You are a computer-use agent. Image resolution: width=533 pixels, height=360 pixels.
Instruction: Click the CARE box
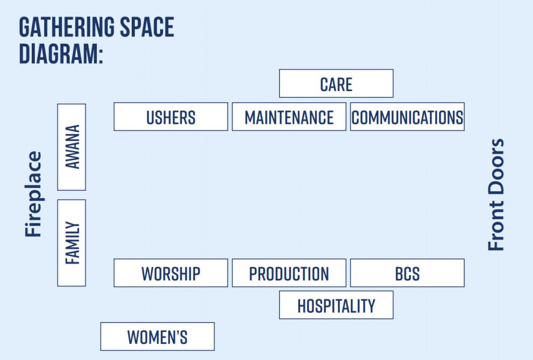pos(336,83)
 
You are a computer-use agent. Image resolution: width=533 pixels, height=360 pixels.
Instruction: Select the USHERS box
pos(171,117)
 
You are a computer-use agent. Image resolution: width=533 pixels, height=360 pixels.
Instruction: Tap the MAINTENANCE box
pos(289,117)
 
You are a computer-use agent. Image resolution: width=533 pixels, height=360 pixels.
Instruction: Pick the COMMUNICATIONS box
pos(407,117)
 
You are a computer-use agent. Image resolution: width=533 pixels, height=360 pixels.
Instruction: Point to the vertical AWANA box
pos(71,147)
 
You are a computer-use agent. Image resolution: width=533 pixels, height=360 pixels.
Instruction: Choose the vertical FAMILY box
pos(71,243)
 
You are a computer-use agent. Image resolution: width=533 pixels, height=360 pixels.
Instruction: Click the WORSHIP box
pos(171,273)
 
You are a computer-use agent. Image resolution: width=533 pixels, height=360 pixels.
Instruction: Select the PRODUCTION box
pos(289,273)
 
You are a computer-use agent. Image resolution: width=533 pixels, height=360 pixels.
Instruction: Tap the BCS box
pos(407,273)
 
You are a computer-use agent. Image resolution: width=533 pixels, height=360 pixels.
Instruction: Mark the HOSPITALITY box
pos(336,305)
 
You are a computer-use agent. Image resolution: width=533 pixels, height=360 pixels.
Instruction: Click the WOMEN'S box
pos(157,337)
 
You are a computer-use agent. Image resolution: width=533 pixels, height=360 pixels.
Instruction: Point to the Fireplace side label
pos(33,194)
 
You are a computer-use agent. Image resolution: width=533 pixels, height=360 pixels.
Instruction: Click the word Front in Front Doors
pos(496,226)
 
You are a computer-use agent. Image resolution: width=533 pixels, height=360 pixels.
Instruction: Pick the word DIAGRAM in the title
pos(58,54)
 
